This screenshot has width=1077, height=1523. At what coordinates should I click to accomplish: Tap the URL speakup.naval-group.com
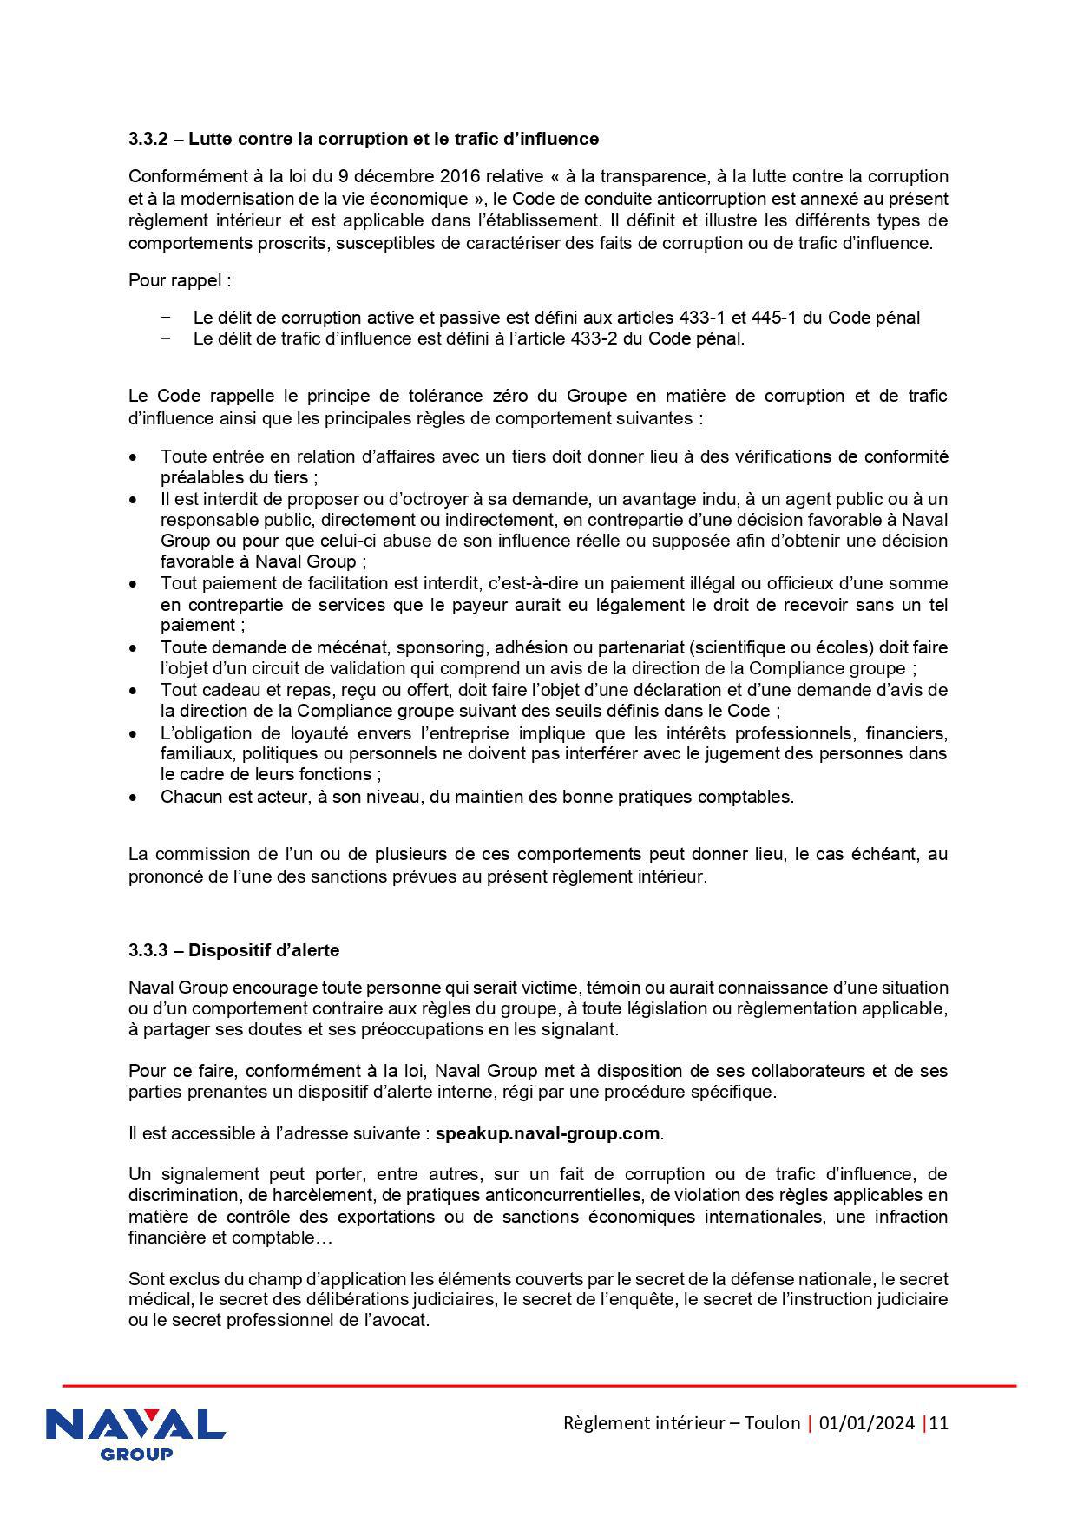[x=548, y=1133]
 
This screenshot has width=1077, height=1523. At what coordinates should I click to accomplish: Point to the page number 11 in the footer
[x=939, y=1423]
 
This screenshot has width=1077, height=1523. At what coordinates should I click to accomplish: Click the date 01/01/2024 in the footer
[x=866, y=1423]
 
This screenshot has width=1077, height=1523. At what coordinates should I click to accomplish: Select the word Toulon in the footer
[x=772, y=1423]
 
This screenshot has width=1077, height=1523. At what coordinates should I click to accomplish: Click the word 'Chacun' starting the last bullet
[x=187, y=797]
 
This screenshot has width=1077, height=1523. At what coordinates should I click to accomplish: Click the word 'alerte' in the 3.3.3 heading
[x=313, y=950]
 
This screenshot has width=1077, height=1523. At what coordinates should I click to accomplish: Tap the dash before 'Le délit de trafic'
[x=166, y=338]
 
